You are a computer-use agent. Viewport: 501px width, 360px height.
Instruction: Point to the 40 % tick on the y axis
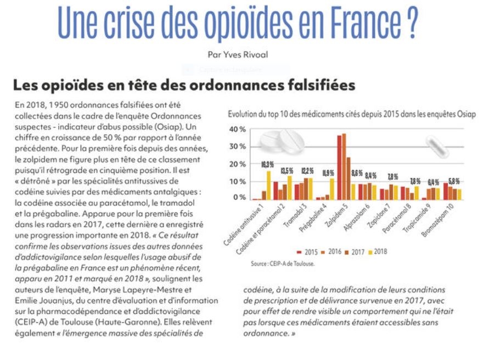pos(238,130)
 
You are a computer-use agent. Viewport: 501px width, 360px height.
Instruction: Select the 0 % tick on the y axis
pos(239,198)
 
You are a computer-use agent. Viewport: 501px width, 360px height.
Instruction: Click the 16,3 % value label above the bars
pos(267,165)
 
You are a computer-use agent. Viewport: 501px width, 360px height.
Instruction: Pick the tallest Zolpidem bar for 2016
pos(344,167)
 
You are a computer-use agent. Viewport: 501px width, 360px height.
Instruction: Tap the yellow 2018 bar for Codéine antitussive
pos(269,185)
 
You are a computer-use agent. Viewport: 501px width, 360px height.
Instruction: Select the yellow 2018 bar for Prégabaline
pos(333,189)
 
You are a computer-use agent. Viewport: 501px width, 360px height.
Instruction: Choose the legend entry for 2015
pos(307,252)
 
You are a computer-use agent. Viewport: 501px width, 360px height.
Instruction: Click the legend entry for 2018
pos(378,252)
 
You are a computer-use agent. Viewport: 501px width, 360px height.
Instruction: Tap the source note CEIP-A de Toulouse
pos(283,264)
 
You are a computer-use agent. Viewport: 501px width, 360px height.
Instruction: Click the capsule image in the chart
pos(437,147)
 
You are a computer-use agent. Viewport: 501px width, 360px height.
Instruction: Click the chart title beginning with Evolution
pos(351,114)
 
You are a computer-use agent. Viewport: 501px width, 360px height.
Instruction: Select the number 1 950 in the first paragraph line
pos(58,105)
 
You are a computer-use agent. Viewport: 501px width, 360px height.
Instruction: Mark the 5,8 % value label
pos(454,182)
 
